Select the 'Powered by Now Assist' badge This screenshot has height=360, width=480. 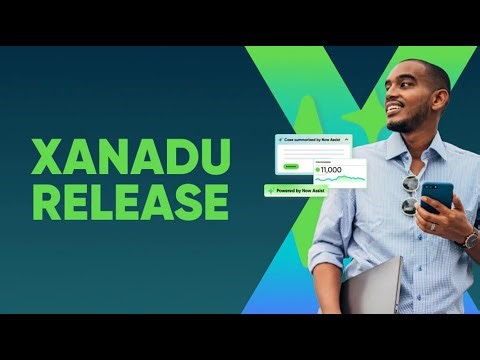tap(296, 189)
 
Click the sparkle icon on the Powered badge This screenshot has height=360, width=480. tap(270, 189)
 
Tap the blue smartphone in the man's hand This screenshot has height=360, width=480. tap(436, 194)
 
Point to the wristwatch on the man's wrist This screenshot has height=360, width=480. tap(468, 239)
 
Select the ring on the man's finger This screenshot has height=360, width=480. tap(434, 225)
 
